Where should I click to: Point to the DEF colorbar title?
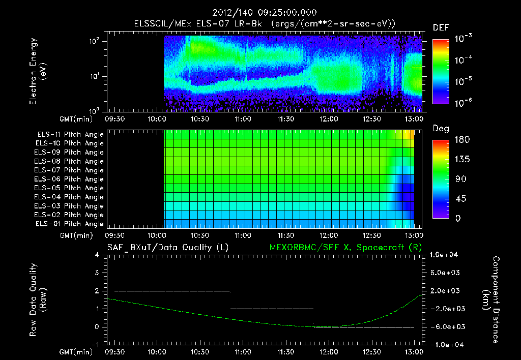tap(441, 27)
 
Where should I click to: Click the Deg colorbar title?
tap(440, 129)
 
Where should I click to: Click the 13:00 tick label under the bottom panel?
tap(414, 351)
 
